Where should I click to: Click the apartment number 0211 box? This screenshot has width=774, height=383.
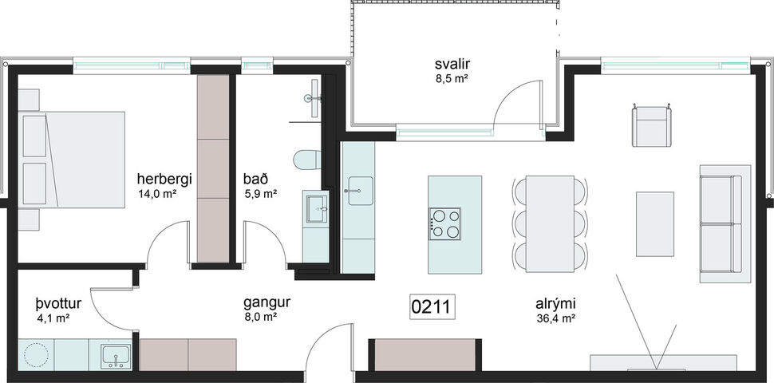[x=432, y=306]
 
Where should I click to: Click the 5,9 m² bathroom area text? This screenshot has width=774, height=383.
[x=259, y=193]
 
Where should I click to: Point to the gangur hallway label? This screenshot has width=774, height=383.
[x=266, y=303]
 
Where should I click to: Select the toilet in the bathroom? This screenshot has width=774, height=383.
[x=306, y=160]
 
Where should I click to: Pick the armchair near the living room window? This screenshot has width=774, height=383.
[x=651, y=126]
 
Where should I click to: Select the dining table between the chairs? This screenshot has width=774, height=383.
[x=549, y=222]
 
